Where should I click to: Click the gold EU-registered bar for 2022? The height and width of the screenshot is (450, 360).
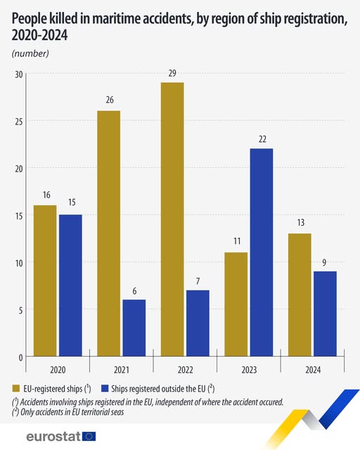coord(172,219)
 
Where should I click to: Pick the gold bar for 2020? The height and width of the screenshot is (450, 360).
coord(45,281)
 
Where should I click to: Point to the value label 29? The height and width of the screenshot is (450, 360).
coord(172,73)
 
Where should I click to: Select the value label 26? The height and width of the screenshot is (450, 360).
coord(108,101)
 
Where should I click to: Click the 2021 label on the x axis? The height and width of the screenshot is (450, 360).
coord(122,368)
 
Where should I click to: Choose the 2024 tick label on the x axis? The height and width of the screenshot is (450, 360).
coord(313,368)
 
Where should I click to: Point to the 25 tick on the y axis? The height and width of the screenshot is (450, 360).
coord(19,121)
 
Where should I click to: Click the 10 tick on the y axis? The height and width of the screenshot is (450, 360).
coord(19,263)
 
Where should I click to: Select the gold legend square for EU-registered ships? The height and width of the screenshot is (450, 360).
coord(15,388)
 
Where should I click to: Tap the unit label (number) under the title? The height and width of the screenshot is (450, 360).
coord(30,53)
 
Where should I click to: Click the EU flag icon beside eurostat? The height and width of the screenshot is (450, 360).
coord(89,437)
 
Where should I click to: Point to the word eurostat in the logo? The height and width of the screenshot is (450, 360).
coord(53,437)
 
